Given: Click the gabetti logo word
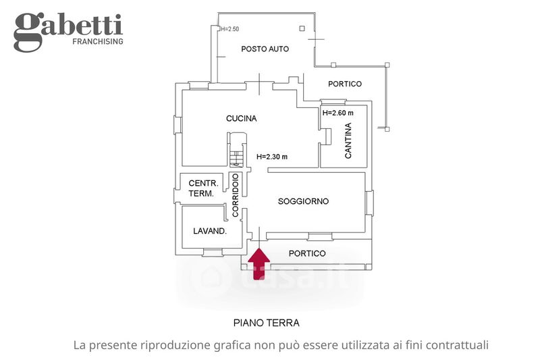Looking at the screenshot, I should (x=68, y=27).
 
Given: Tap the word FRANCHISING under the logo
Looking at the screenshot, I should (x=97, y=42).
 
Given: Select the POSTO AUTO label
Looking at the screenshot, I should (x=265, y=49).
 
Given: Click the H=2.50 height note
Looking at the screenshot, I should (x=230, y=29).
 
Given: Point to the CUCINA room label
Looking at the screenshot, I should (x=241, y=119).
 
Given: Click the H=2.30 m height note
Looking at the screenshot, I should (x=272, y=157).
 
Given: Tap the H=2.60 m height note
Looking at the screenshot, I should (x=338, y=113).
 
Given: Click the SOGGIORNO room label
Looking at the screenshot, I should (x=303, y=201).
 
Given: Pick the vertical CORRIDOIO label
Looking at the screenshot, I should (x=236, y=195).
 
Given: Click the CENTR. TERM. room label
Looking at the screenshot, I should (x=202, y=188).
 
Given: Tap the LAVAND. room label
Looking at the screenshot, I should (x=209, y=231).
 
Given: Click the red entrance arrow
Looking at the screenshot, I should (x=259, y=263).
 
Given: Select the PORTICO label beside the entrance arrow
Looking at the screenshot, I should (x=306, y=253).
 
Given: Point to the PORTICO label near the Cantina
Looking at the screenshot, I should (x=344, y=84).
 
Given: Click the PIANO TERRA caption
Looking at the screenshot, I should (x=266, y=323).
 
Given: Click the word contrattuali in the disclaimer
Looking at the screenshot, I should (x=455, y=345).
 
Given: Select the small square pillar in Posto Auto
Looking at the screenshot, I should (x=302, y=28).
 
